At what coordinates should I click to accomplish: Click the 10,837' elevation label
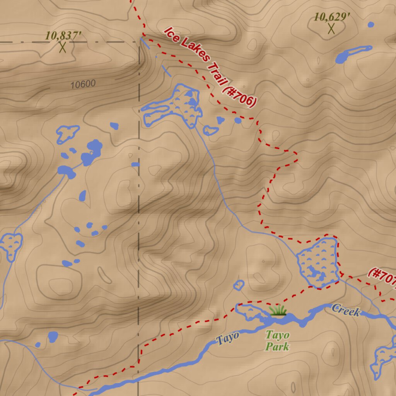[63, 36]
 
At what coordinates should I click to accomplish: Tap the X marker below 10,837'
[63, 48]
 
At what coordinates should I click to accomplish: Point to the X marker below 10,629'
[331, 29]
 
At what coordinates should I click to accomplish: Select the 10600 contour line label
[83, 84]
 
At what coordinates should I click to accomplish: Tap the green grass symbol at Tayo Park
[278, 310]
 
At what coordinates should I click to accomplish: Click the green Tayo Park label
[277, 341]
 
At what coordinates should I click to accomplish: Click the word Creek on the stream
[346, 310]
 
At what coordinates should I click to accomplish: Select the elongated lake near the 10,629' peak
[353, 54]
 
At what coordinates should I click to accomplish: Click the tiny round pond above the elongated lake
[371, 25]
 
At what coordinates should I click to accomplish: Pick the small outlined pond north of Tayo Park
[239, 285]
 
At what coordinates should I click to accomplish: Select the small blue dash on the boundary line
[135, 164]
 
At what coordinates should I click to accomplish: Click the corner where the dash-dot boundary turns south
[139, 42]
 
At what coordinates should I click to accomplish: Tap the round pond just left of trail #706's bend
[238, 121]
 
